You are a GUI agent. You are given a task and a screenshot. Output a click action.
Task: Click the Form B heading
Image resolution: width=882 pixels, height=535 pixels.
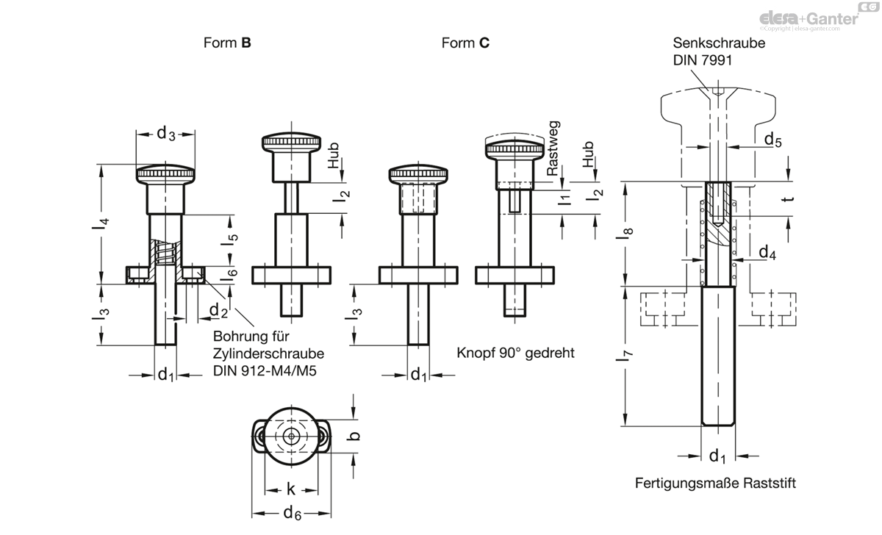click(x=227, y=43)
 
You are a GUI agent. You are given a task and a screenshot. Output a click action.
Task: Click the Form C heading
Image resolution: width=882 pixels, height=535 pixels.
click(x=465, y=43)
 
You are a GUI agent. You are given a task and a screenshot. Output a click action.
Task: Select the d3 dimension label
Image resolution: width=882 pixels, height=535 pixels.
click(x=166, y=134)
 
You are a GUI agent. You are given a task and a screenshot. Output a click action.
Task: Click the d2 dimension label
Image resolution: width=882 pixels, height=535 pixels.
click(x=218, y=310)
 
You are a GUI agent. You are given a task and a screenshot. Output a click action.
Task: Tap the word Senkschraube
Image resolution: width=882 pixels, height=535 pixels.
click(x=719, y=43)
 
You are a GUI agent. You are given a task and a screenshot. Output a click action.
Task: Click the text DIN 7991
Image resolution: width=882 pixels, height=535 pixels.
click(x=703, y=60)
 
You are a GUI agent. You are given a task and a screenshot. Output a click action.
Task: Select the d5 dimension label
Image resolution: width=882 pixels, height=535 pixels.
click(x=773, y=140)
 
